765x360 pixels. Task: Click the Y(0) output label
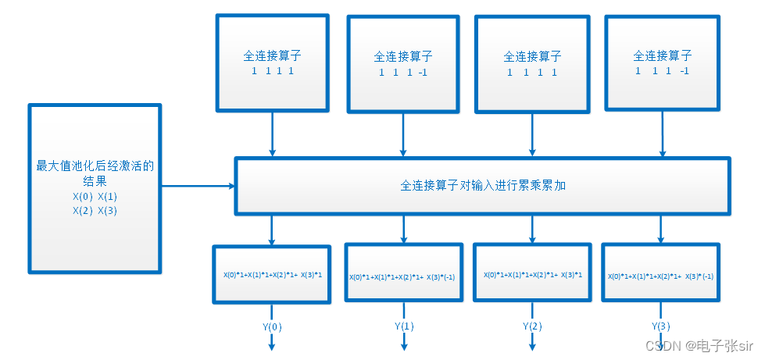pyautogui.click(x=272, y=326)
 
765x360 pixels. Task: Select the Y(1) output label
pyautogui.click(x=404, y=326)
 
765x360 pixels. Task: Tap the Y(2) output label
pyautogui.click(x=533, y=326)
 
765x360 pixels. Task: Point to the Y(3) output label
pyautogui.click(x=661, y=326)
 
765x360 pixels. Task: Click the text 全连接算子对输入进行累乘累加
pyautogui.click(x=482, y=187)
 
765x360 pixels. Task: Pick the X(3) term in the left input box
pyautogui.click(x=107, y=210)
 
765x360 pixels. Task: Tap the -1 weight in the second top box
pyautogui.click(x=423, y=73)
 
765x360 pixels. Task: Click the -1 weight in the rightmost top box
pyautogui.click(x=684, y=71)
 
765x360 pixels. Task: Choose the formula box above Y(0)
pyautogui.click(x=272, y=274)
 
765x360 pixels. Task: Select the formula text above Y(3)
pyautogui.click(x=660, y=276)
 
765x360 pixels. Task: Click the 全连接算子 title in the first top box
pyautogui.click(x=272, y=56)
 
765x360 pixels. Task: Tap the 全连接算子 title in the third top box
pyautogui.click(x=533, y=57)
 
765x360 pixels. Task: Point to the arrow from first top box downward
pyautogui.click(x=272, y=133)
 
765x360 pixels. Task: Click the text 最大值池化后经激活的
pyautogui.click(x=95, y=166)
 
